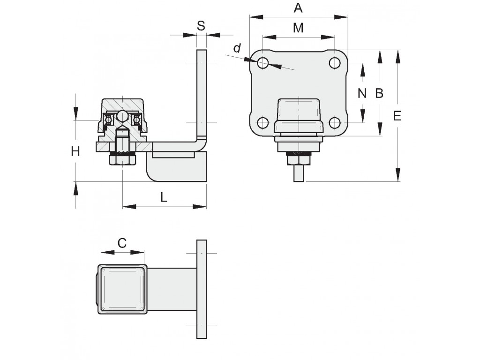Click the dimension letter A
pyautogui.click(x=298, y=7)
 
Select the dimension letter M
pyautogui.click(x=298, y=28)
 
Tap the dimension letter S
pyautogui.click(x=201, y=26)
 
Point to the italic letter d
pyautogui.click(x=237, y=48)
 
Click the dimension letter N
pyautogui.click(x=362, y=93)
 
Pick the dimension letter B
pyautogui.click(x=379, y=93)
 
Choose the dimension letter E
pyautogui.click(x=397, y=116)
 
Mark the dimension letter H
pyautogui.click(x=75, y=151)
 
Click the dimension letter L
pyautogui.click(x=164, y=197)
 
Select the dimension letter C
pyautogui.click(x=122, y=243)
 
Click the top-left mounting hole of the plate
pyautogui.click(x=262, y=63)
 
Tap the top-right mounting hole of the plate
pyautogui.click(x=335, y=63)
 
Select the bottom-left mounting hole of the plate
pyautogui.click(x=262, y=123)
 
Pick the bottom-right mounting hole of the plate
pyautogui.click(x=335, y=123)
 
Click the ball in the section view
pyautogui.click(x=122, y=116)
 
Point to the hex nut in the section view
pyautogui.click(x=122, y=160)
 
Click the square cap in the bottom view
pyautogui.click(x=122, y=289)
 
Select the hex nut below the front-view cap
pyautogui.click(x=299, y=159)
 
